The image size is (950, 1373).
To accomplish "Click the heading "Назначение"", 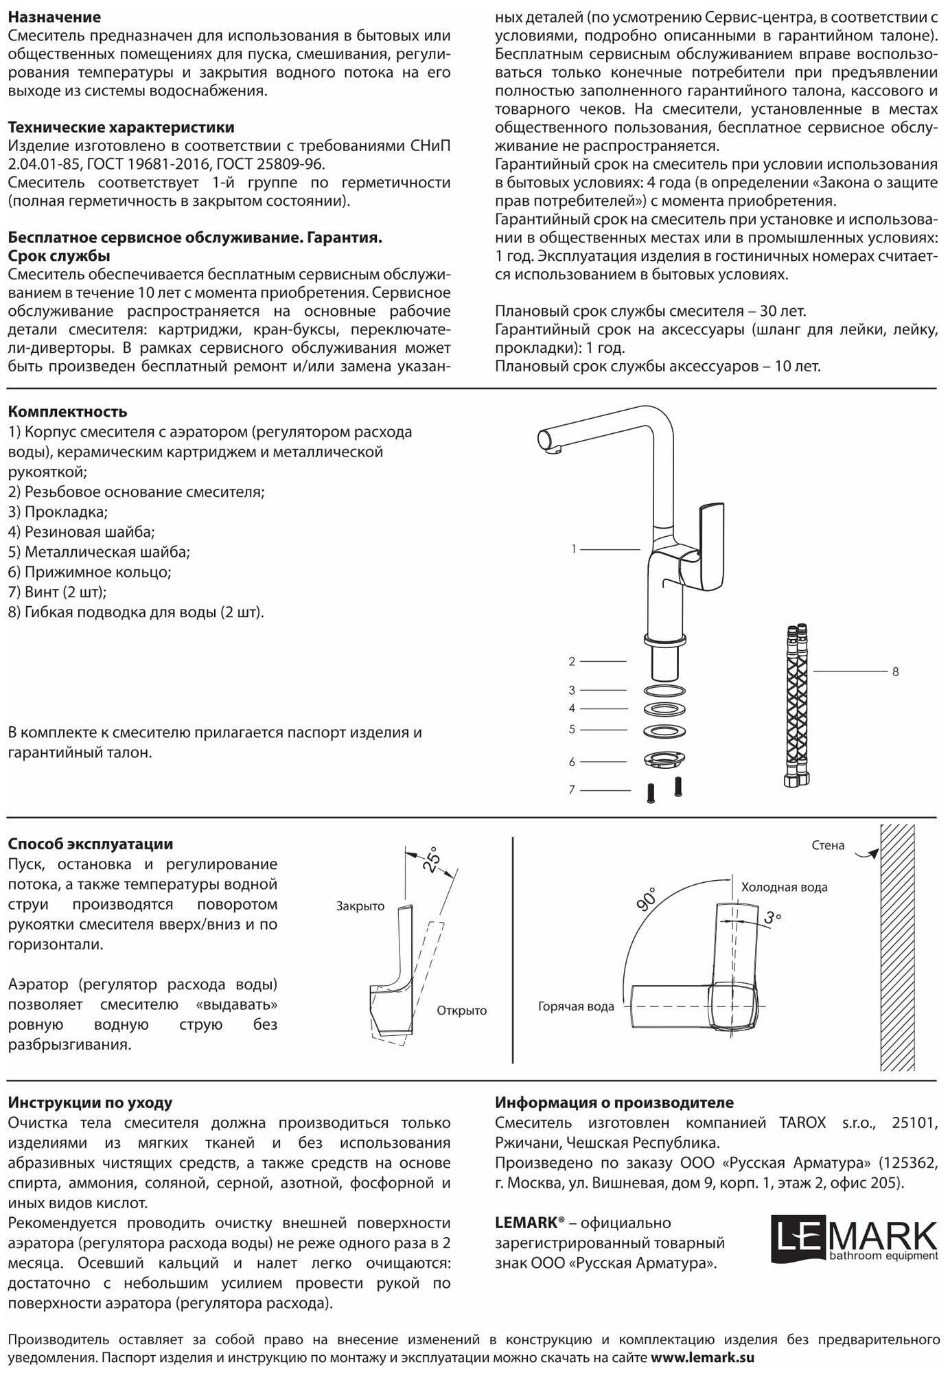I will [x=54, y=17].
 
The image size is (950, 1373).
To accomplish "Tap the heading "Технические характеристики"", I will [x=121, y=128].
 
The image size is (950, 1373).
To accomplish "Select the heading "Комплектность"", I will [x=67, y=412].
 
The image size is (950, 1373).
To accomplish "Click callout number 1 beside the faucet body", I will [x=573, y=549].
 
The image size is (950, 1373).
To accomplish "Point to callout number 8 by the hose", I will [x=895, y=672].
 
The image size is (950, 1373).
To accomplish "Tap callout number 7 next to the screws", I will [x=572, y=790].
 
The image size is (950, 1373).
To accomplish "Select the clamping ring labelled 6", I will [x=664, y=761].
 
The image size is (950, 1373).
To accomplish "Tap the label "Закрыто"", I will [x=360, y=906].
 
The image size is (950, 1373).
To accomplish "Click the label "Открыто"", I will [x=461, y=1011].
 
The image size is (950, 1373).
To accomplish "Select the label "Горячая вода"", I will [x=576, y=1006].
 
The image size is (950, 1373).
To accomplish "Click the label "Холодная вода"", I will [x=784, y=887].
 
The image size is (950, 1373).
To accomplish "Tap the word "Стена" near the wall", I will [x=828, y=845].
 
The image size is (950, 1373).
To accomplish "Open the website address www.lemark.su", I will [x=702, y=1357].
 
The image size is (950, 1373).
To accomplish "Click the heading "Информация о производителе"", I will [x=614, y=1103].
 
